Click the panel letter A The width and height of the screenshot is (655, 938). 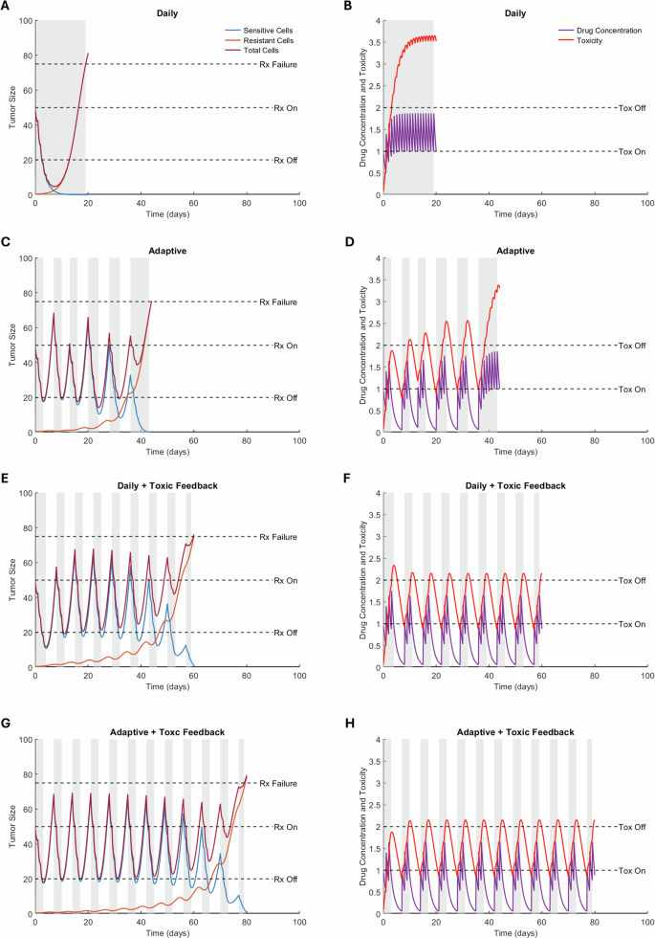pyautogui.click(x=6, y=7)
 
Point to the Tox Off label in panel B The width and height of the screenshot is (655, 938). pyautogui.click(x=629, y=108)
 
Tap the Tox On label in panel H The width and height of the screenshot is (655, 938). pyautogui.click(x=629, y=870)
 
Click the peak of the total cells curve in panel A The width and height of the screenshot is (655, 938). pyautogui.click(x=88, y=54)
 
